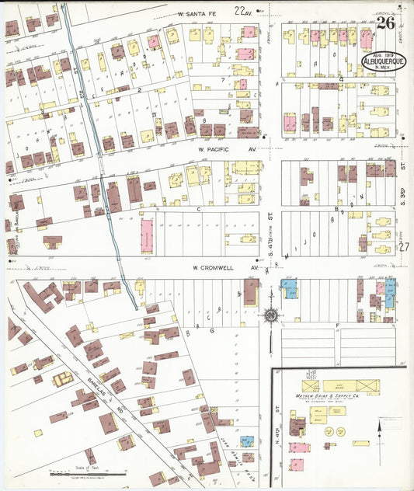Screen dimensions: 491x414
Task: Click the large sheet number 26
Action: pos(385,23)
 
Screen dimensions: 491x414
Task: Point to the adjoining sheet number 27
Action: pos(403,246)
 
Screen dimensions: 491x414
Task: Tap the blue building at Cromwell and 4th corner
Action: pos(288,289)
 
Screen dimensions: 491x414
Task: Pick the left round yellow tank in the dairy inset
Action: pos(329,431)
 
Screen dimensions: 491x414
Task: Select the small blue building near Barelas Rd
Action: pos(246,441)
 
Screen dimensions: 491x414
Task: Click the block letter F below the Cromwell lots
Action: pos(337,325)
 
